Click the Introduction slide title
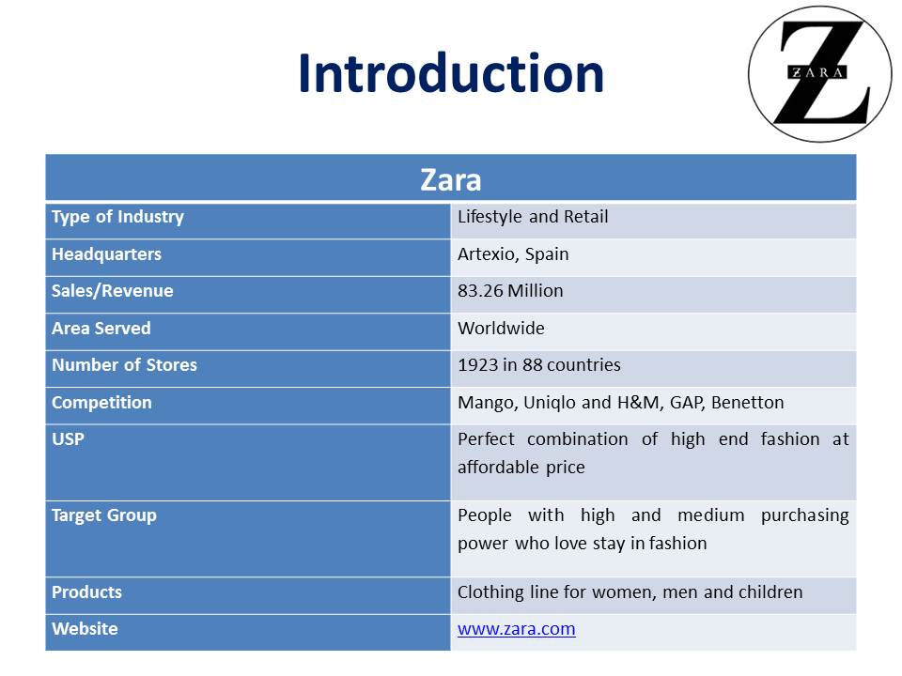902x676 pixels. (451, 73)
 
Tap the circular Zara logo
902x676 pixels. (819, 74)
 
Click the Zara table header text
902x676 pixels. (450, 179)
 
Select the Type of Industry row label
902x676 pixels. (118, 217)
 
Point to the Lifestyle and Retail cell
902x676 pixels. (533, 217)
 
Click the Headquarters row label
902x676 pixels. (106, 254)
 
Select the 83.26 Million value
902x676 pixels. (510, 291)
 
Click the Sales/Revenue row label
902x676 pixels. (112, 291)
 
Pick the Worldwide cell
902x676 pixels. (501, 329)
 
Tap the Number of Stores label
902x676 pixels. (124, 365)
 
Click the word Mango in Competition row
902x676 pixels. (488, 403)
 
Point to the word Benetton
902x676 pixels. (747, 403)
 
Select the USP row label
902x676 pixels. (68, 439)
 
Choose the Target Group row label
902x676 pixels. (104, 515)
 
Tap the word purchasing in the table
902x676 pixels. (805, 515)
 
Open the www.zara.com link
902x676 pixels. (517, 629)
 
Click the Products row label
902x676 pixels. (86, 592)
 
